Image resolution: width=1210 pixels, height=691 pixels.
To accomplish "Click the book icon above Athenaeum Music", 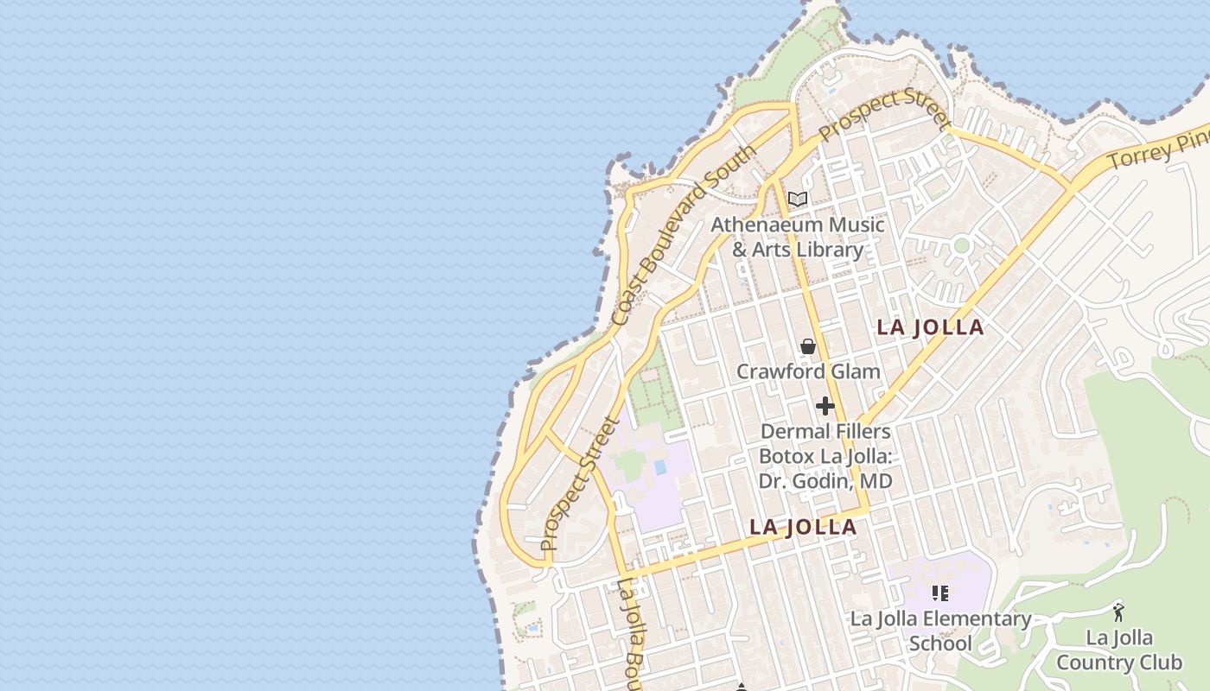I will (x=798, y=200).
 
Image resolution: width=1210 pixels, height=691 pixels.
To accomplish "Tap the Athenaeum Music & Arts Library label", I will (x=798, y=238).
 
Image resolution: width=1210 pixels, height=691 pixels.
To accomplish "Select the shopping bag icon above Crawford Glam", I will (x=808, y=346).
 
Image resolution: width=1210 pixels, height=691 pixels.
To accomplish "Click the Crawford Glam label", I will (x=808, y=372).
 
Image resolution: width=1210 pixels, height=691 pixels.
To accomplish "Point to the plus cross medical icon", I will (x=825, y=405).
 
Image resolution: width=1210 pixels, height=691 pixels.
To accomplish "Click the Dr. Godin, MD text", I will (x=825, y=481).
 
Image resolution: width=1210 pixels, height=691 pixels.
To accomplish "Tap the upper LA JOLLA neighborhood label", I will (x=930, y=327).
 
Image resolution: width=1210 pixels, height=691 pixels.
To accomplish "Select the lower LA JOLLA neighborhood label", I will (x=803, y=527).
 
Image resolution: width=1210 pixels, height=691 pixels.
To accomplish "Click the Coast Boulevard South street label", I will (x=683, y=235).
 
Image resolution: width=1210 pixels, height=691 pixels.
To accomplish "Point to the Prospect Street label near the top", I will (x=878, y=115).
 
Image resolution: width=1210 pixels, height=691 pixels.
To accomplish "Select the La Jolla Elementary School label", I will (x=940, y=631).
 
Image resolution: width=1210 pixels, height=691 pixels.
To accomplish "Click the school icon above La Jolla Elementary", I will (x=940, y=593).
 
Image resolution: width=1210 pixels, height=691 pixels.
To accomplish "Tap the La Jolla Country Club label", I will (x=1118, y=650).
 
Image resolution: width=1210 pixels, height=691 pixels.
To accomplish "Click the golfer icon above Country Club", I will (x=1118, y=612).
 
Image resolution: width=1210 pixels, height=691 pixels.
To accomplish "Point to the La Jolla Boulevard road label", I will (x=631, y=635).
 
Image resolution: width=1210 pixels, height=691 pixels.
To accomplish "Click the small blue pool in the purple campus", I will (x=660, y=467).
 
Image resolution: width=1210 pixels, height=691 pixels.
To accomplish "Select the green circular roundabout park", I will (x=961, y=245).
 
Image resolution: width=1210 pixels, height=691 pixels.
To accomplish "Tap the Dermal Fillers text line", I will (x=825, y=431).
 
